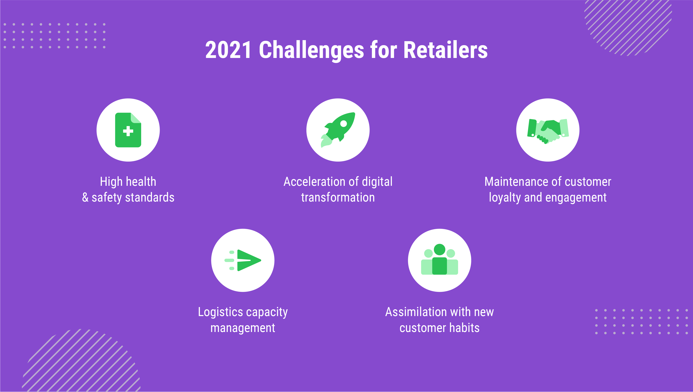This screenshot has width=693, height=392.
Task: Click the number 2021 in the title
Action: tap(229, 50)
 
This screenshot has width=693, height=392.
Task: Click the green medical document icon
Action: tap(128, 130)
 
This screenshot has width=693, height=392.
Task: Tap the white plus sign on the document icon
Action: tap(128, 131)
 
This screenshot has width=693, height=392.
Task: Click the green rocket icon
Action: tap(338, 130)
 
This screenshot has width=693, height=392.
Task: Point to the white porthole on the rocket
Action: tap(344, 124)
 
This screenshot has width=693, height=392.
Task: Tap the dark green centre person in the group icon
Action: tap(440, 259)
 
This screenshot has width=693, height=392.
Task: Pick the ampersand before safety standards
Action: tap(85, 197)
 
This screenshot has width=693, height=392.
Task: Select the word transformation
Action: tap(338, 197)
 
